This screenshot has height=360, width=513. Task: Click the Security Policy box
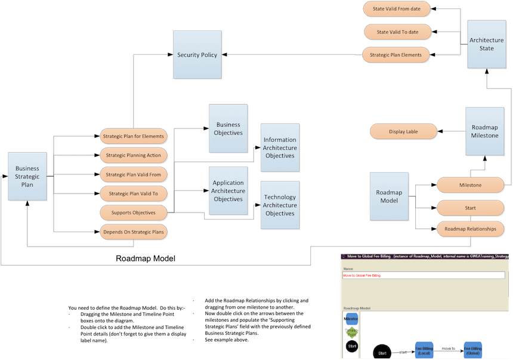click(x=197, y=55)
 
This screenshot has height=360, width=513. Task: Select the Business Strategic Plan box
click(x=27, y=177)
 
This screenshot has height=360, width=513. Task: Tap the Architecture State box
click(x=486, y=44)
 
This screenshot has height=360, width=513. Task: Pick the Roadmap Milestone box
click(x=484, y=131)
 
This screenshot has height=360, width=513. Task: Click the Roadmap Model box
click(x=389, y=196)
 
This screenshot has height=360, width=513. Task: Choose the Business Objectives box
click(x=228, y=128)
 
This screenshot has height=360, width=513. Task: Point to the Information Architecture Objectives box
click(x=280, y=148)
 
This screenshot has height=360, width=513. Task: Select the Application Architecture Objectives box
click(x=228, y=191)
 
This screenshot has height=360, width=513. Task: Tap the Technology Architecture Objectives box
click(x=280, y=205)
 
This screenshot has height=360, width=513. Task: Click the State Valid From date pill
click(x=397, y=10)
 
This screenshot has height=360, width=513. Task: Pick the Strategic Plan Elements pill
click(x=395, y=55)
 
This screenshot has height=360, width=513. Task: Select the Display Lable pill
click(x=403, y=131)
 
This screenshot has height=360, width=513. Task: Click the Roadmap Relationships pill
click(x=470, y=229)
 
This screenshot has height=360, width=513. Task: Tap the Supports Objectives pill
click(x=134, y=213)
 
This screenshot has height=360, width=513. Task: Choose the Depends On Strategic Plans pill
click(x=134, y=232)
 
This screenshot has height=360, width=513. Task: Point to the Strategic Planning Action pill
click(x=134, y=156)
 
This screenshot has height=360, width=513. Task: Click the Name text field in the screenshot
click(x=424, y=275)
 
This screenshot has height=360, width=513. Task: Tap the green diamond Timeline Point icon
click(x=351, y=332)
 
